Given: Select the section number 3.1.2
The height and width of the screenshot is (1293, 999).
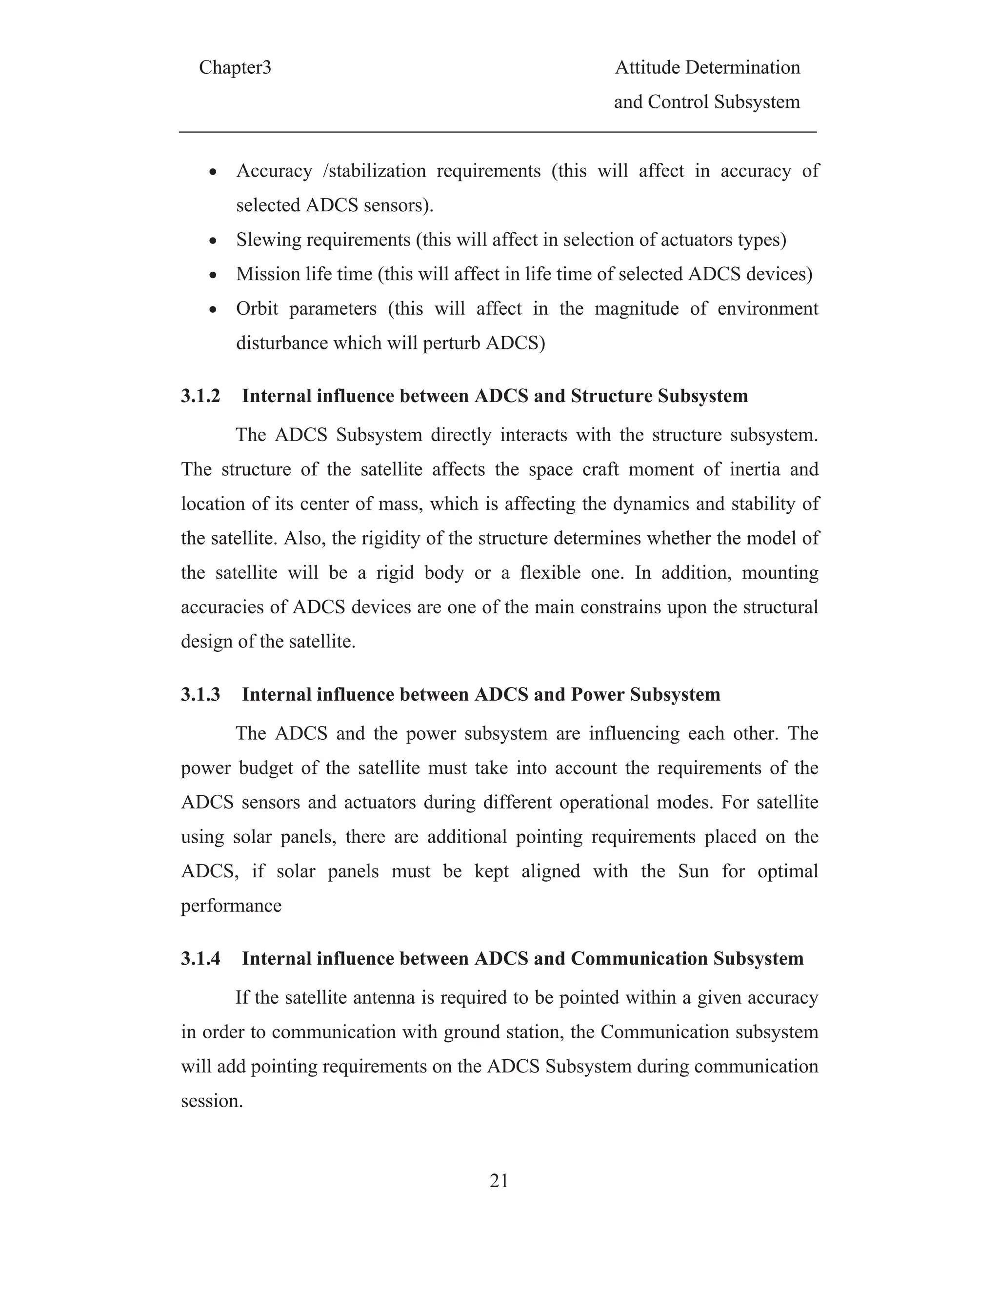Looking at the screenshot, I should [200, 396].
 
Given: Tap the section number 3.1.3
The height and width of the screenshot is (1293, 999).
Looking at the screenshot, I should [200, 694].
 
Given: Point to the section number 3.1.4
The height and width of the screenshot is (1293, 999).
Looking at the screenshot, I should [200, 958].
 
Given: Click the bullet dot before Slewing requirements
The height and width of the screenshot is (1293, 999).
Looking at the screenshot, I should [214, 242].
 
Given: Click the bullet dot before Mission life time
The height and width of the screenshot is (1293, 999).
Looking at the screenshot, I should [214, 276].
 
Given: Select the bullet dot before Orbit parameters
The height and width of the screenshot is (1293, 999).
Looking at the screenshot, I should [214, 310].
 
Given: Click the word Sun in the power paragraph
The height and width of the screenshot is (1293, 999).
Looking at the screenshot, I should [693, 871].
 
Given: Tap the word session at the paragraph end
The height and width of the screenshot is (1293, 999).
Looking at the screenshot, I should [211, 1101].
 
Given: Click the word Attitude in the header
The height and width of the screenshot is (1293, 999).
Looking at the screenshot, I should [647, 67].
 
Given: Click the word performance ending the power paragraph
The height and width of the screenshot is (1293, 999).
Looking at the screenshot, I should [231, 906].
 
